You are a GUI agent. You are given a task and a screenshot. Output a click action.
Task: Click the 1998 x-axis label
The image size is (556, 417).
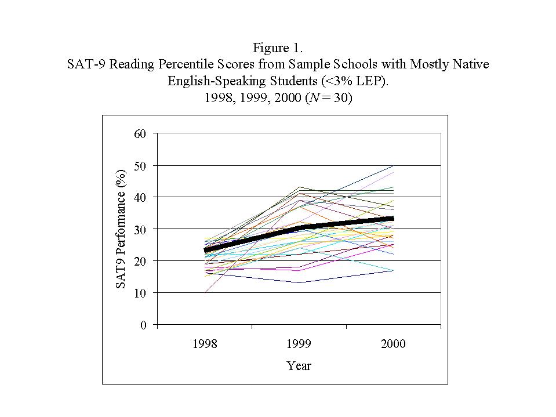pos(205,344)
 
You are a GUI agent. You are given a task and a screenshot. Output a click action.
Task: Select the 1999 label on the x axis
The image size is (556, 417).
pos(299,344)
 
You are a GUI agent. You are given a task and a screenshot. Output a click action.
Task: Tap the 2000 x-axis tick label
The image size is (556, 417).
pos(394,344)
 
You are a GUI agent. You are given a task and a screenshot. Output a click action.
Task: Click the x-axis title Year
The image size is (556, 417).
pos(299,366)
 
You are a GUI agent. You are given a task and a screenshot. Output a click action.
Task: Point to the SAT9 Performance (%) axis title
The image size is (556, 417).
pos(121,229)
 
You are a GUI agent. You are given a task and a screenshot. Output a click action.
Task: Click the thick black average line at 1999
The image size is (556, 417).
pos(299,227)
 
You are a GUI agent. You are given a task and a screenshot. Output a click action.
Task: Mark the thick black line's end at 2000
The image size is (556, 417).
pos(393,219)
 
